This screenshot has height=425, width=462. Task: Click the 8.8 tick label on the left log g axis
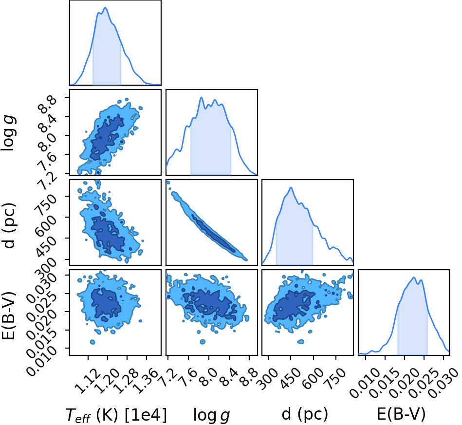47,105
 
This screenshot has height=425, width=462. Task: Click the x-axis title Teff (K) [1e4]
116,415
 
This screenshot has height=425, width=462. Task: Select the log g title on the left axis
9,133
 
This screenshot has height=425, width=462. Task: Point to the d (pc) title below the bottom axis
305,414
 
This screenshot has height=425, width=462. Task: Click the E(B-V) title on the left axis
8,315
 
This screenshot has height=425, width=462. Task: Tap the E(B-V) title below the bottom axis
401,414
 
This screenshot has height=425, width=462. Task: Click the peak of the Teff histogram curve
105,8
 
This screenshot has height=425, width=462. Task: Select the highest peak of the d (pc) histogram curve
291,187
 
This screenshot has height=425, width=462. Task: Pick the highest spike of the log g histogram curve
202,97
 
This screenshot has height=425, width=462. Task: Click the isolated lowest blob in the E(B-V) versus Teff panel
92,342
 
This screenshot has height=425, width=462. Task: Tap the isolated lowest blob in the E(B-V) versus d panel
300,342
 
